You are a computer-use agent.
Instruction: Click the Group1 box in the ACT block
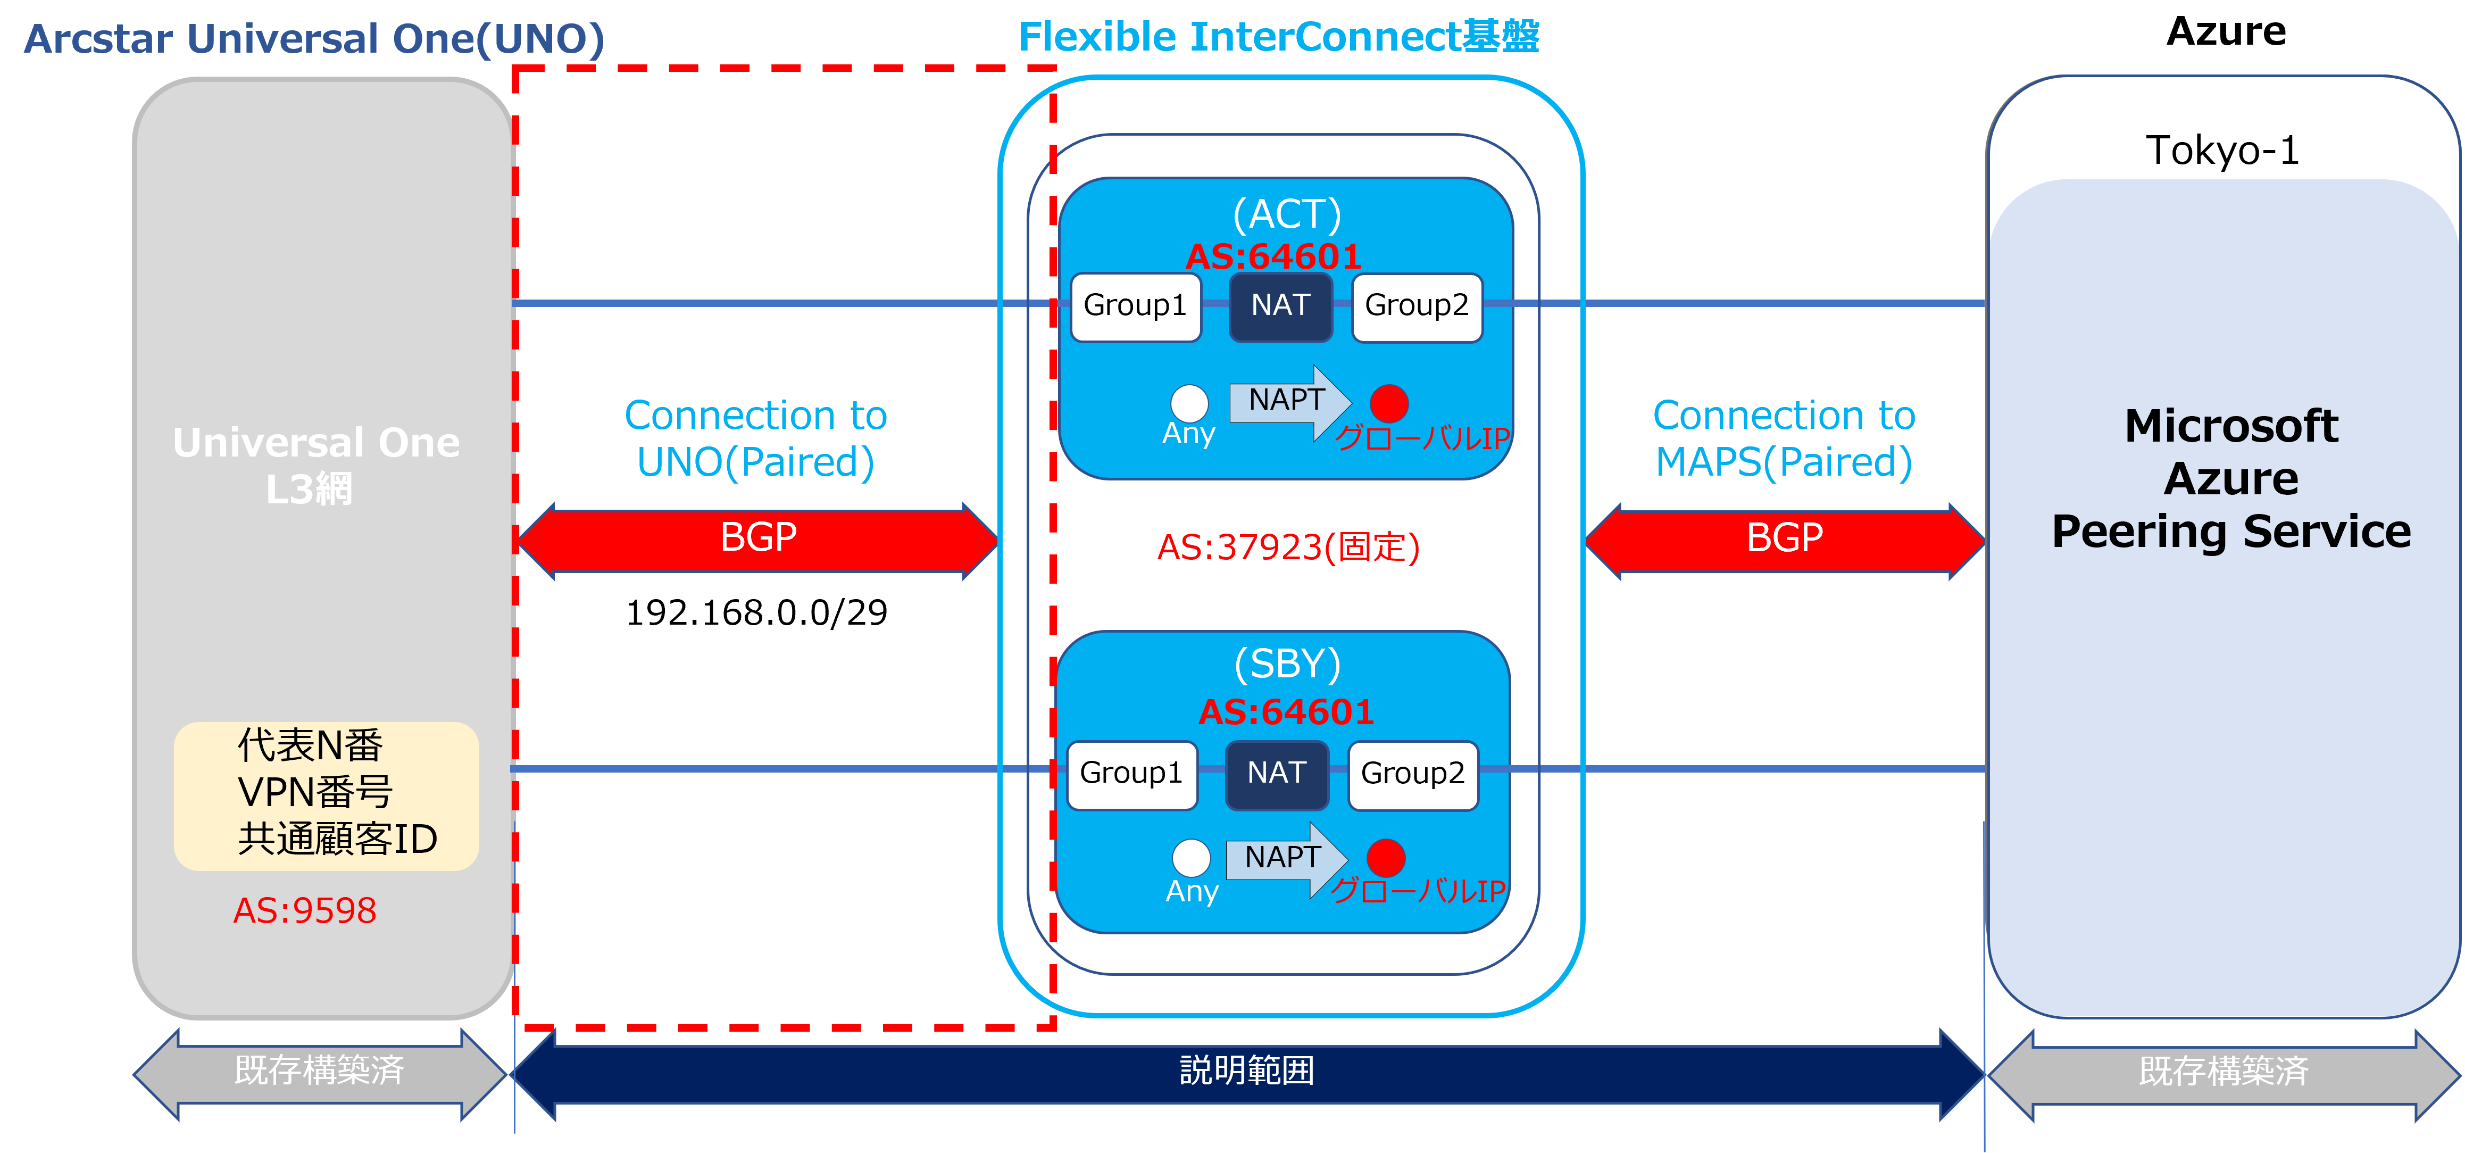1135,306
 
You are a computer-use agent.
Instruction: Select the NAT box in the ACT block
1280,306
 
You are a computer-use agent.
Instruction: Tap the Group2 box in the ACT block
1416,306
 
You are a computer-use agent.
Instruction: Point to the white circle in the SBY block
1192,857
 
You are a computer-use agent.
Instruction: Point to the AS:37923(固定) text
1288,548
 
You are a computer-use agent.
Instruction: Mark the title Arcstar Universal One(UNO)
314,39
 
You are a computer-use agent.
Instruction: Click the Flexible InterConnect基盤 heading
1278,37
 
